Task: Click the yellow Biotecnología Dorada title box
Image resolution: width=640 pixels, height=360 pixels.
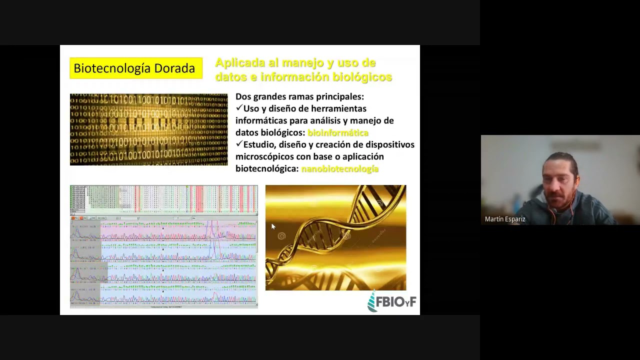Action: point(136,68)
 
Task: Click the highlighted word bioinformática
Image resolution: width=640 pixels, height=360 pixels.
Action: point(337,132)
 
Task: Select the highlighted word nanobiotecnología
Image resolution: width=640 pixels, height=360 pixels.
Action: point(339,168)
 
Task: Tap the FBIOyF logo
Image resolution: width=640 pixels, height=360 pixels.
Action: point(392,302)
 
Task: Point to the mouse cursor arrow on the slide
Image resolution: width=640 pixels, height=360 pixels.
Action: point(273,227)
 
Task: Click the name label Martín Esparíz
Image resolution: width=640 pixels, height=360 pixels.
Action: point(505,219)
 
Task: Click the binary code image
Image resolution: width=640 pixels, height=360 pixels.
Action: point(148,129)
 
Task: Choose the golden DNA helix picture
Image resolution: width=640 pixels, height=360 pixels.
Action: point(335,237)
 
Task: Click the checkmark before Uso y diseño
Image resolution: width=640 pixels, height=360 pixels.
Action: point(239,108)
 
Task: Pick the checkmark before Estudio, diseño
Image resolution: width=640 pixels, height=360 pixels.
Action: point(239,144)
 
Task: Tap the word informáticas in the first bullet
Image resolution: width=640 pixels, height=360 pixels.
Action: point(260,120)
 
